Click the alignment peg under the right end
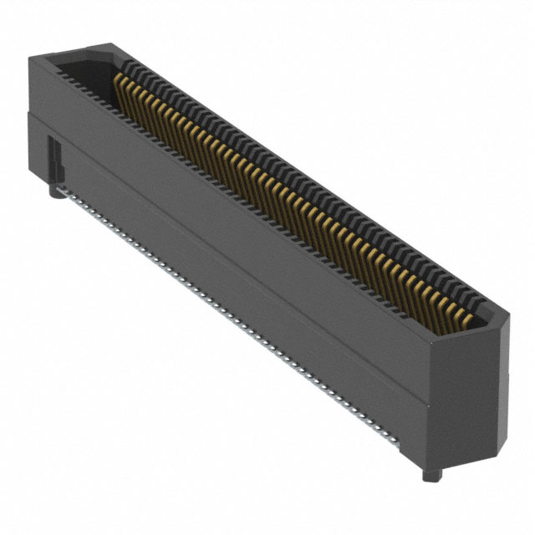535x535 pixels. pos(438,476)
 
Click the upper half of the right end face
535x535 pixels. pos(472,368)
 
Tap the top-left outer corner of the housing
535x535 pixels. pos(30,58)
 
